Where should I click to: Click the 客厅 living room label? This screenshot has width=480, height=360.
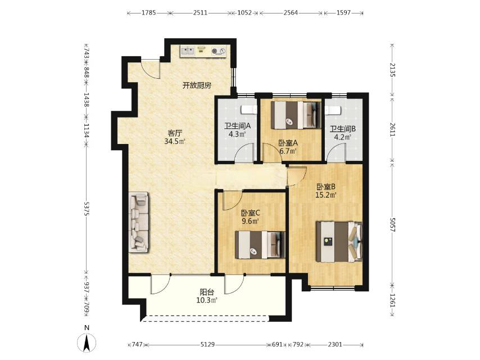pyautogui.click(x=175, y=133)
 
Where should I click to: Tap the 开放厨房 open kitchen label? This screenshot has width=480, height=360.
pyautogui.click(x=197, y=85)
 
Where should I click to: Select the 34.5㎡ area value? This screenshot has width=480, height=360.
pyautogui.click(x=175, y=142)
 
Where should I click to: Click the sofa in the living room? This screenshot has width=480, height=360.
pyautogui.click(x=139, y=222)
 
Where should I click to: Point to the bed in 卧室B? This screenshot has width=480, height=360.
pyautogui.click(x=339, y=242)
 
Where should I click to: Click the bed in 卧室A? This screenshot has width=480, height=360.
pyautogui.click(x=296, y=115)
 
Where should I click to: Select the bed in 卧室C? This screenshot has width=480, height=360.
pyautogui.click(x=260, y=245)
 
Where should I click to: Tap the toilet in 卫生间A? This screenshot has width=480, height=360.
pyautogui.click(x=248, y=109)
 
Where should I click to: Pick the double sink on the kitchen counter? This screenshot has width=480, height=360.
pyautogui.click(x=187, y=51)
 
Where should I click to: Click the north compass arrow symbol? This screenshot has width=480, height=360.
pyautogui.click(x=87, y=342)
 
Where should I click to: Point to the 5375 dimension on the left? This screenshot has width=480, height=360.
pyautogui.click(x=87, y=209)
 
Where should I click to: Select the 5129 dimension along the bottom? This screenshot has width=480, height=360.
pyautogui.click(x=207, y=345)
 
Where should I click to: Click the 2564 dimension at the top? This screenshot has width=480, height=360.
pyautogui.click(x=290, y=13)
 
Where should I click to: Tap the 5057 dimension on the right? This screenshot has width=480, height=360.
pyautogui.click(x=393, y=225)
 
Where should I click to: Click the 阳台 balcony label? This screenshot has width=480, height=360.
pyautogui.click(x=207, y=292)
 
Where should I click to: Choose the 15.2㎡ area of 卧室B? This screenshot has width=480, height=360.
pyautogui.click(x=327, y=195)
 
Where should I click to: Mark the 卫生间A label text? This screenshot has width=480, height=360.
pyautogui.click(x=238, y=125)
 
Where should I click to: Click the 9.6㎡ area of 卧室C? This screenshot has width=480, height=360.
pyautogui.click(x=251, y=221)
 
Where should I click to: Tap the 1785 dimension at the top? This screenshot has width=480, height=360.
pyautogui.click(x=148, y=13)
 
